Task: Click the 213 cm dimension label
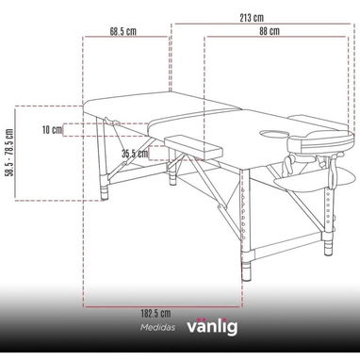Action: [252, 18]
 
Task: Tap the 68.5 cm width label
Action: [123, 31]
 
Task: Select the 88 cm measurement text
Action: [270, 31]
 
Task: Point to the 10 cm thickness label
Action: [52, 129]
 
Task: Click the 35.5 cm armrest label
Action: [135, 154]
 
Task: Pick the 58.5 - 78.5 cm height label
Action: [9, 153]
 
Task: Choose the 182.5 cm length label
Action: [155, 313]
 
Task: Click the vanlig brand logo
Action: [212, 326]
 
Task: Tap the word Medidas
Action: [157, 328]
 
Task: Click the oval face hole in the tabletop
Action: [275, 135]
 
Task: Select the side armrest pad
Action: [194, 147]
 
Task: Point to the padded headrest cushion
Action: [321, 142]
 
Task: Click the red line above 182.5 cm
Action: [163, 306]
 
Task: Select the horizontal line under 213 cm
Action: [263, 24]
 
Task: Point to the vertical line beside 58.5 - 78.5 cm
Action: [15, 153]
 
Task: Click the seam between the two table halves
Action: [193, 115]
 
